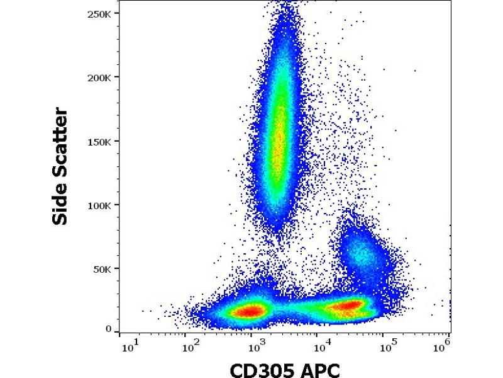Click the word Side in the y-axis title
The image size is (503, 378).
click(x=61, y=203)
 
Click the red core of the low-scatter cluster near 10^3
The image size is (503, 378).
click(x=251, y=311)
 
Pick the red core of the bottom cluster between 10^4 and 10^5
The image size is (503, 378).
click(x=346, y=306)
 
